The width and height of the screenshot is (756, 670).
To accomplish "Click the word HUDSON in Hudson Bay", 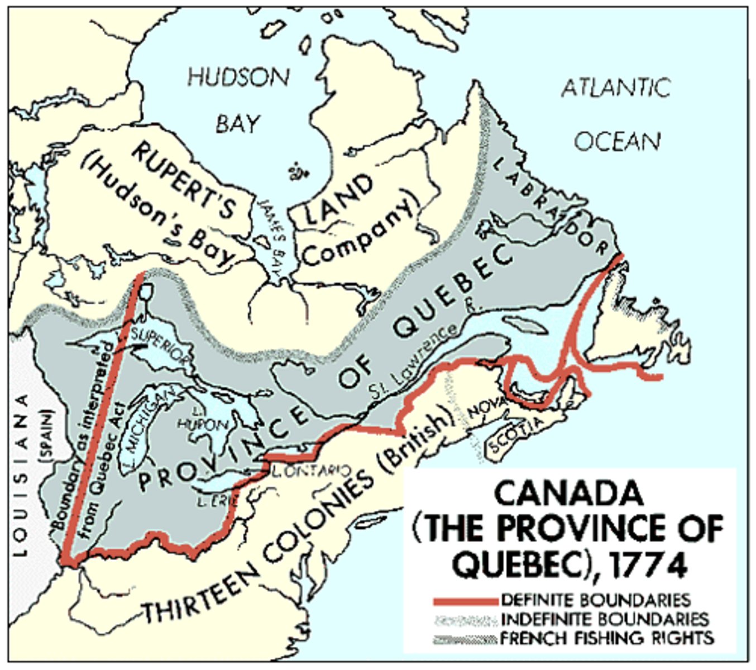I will (238, 77).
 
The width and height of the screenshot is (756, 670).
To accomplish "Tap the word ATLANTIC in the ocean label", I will (616, 88).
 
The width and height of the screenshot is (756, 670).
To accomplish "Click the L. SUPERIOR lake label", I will (161, 346).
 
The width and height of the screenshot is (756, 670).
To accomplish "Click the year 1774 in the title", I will (647, 565).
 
